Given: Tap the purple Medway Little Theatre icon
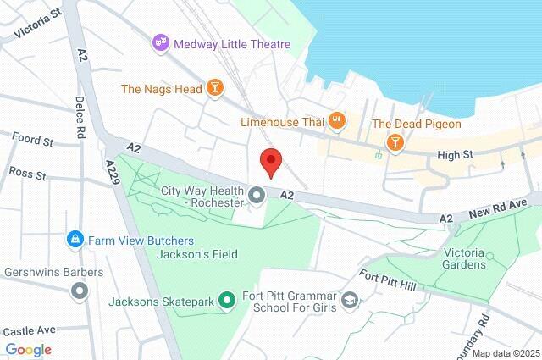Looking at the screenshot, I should click(159, 43).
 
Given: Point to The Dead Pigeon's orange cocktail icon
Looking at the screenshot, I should click(394, 141).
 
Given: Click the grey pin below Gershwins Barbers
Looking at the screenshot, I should click(80, 291).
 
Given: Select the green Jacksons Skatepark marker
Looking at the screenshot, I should click(226, 300).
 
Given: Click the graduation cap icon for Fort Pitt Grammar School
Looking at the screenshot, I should click(349, 300).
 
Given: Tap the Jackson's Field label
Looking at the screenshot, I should click(202, 254).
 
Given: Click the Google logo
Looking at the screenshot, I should click(28, 349).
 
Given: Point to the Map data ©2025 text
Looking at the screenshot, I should click(505, 352).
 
